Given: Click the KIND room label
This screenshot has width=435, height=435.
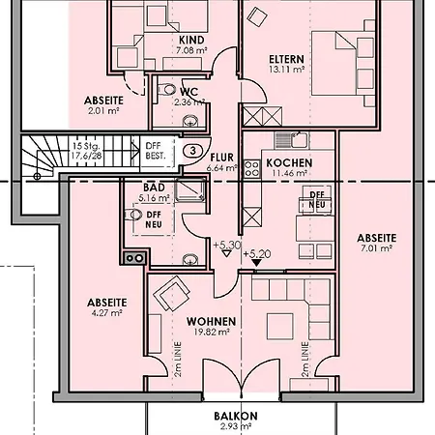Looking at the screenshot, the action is tap(191, 40).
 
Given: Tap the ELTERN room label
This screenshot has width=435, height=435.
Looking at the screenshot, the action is tap(286, 59).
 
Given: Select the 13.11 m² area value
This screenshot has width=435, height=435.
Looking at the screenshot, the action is tap(286, 70).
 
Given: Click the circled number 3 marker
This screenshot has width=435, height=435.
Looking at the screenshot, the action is tap(193, 151).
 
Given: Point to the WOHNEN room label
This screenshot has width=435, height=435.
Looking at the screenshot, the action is tap(211, 322).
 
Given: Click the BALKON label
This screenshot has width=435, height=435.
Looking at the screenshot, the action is tap(236, 416).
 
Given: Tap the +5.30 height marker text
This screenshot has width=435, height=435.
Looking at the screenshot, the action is tap(227, 246).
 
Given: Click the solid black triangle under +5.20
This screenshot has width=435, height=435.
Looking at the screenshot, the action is tap(256, 263).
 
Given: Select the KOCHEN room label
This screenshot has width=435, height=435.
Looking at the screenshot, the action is tap(289, 163).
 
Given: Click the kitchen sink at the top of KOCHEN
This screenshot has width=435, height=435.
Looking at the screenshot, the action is tap(292, 140).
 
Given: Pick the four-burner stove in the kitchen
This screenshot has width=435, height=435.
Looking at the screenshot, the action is tap(251, 169).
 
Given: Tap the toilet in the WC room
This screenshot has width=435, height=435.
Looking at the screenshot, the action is tap(166, 89).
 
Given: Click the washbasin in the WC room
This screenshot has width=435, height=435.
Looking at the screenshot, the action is tap(190, 121).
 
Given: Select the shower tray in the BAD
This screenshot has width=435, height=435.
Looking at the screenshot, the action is tap(190, 190).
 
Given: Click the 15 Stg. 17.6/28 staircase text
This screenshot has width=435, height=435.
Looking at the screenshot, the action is tap(86, 151).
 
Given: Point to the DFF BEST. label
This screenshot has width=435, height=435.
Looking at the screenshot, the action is tap(156, 151).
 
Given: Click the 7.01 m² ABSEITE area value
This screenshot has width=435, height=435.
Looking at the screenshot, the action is tap(376, 248).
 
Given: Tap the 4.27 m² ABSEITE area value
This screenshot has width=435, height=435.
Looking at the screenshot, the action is tap(106, 312).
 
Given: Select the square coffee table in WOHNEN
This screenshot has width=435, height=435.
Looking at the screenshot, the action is tap(279, 327).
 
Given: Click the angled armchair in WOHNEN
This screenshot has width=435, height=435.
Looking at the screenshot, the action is tap(171, 293).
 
